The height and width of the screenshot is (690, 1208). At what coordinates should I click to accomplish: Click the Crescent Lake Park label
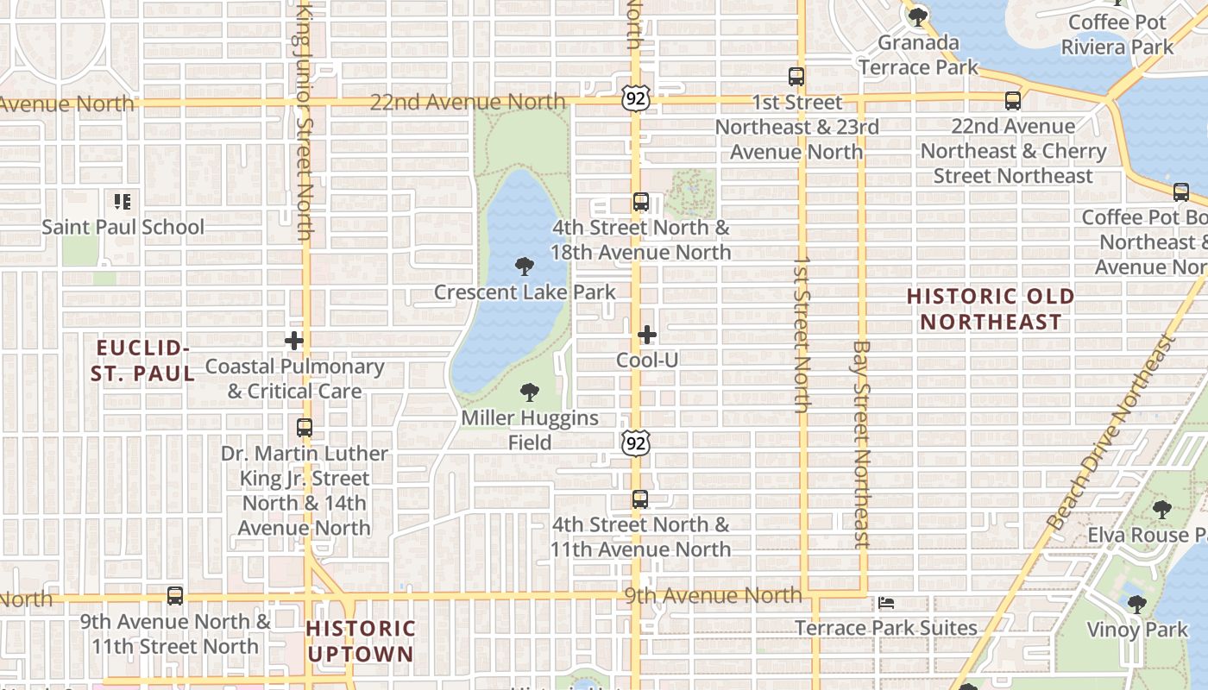coord(525,292)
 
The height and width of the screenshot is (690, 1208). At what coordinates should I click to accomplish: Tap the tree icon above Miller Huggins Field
coord(530,392)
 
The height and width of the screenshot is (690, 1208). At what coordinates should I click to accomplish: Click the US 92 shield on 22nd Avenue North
coord(634,99)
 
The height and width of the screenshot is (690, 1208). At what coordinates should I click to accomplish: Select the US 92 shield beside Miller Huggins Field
coord(636,443)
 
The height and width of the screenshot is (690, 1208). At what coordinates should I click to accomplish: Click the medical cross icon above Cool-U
coord(647,335)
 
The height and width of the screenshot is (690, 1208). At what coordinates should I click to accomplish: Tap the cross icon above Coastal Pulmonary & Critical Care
coord(294,341)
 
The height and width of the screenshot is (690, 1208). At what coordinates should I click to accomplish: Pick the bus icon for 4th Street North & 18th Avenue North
coord(640,203)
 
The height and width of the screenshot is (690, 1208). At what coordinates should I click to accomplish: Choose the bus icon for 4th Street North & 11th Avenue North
coord(640,499)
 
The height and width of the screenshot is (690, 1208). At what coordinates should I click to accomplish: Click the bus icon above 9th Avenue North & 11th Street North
coord(175,596)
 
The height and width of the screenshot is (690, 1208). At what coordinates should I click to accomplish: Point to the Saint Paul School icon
coord(123,202)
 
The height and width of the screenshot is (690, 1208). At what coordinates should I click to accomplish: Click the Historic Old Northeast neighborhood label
coord(991,309)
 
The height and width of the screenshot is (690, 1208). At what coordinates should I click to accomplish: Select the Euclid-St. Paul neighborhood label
coord(143,361)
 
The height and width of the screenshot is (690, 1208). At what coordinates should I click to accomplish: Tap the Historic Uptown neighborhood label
coord(361,641)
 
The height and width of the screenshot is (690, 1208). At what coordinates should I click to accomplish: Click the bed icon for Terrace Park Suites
coord(886,603)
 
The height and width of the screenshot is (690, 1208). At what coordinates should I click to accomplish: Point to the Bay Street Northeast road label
coord(861,444)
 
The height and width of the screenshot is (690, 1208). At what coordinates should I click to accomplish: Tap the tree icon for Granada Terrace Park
coord(917,16)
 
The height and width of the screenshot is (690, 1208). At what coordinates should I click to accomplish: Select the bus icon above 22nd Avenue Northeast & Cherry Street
coord(1013,101)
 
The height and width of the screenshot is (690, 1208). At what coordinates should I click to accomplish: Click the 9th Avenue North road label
coord(713,595)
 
